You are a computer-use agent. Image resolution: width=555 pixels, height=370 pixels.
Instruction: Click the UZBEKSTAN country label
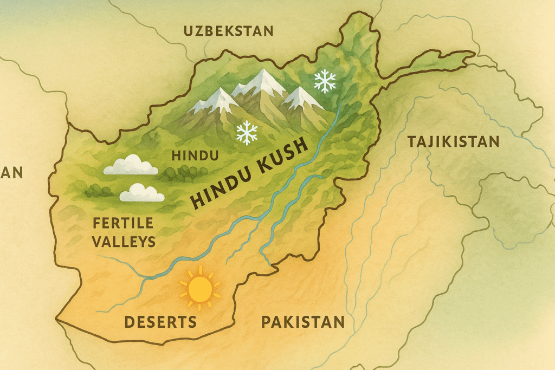[x=228, y=31]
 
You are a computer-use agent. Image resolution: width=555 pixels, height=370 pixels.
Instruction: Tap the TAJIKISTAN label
[x=453, y=142]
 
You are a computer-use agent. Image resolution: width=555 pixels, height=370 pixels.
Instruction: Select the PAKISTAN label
[x=302, y=322]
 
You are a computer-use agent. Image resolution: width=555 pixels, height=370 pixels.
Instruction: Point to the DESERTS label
[x=160, y=322]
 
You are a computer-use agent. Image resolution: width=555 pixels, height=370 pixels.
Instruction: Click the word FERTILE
[x=123, y=223]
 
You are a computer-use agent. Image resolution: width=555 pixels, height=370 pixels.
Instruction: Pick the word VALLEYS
[x=124, y=242]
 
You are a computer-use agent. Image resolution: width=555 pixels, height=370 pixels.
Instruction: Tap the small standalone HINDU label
[x=195, y=156]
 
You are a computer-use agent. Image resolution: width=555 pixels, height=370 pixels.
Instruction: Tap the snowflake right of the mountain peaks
[x=325, y=81]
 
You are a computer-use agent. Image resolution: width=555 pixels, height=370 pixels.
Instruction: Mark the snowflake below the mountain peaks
[x=247, y=133]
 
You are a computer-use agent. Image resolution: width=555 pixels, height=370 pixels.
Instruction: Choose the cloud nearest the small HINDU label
[x=131, y=165]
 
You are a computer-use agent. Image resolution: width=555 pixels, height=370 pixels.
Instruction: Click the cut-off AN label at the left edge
[x=11, y=173]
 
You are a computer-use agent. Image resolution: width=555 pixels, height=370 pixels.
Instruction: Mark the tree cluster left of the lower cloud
[x=98, y=191]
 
